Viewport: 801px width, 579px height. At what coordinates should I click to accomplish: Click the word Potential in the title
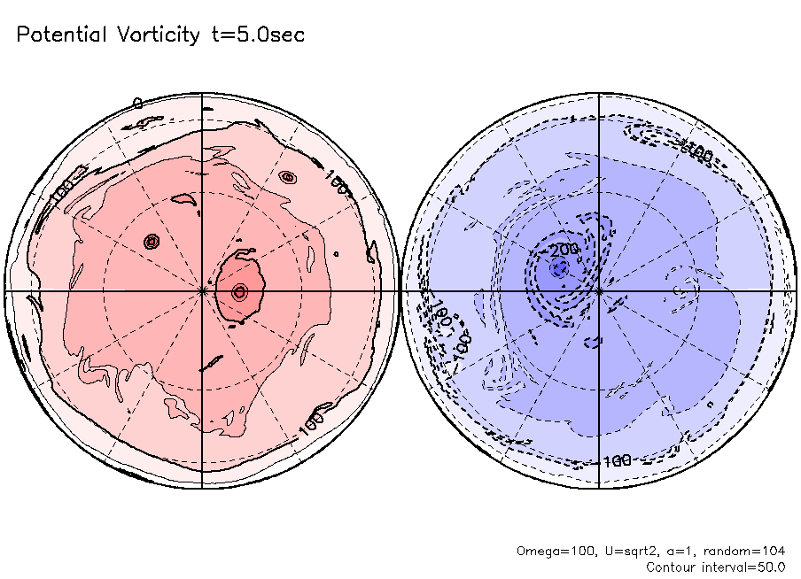[x=59, y=35]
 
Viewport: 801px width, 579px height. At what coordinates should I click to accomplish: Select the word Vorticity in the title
[x=158, y=35]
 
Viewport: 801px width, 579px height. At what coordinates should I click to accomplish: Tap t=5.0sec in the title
[x=257, y=35]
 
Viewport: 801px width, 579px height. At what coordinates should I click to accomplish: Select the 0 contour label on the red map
[x=137, y=104]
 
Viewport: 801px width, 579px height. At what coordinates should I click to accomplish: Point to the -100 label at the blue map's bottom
[x=613, y=460]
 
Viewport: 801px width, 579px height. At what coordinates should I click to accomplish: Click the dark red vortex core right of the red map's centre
[x=238, y=290]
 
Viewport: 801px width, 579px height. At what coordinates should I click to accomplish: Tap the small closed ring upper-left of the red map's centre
[x=151, y=241]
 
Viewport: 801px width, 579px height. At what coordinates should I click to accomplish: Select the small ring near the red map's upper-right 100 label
[x=286, y=176]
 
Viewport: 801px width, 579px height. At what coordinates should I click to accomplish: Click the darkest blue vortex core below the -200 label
[x=557, y=269]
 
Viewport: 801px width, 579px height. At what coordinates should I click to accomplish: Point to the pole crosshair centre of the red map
[x=203, y=290]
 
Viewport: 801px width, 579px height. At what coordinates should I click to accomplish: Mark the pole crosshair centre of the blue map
[x=600, y=290]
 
